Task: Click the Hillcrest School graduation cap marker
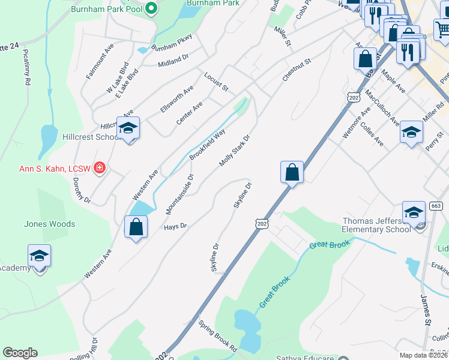[x=128, y=128]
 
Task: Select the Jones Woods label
[x=49, y=224]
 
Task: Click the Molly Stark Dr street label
[x=234, y=151]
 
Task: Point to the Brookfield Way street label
[x=207, y=144]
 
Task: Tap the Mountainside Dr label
[x=180, y=194]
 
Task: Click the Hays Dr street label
[x=175, y=227]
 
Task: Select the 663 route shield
[x=436, y=206]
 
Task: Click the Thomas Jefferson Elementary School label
[x=376, y=225]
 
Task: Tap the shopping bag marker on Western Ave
[x=136, y=227]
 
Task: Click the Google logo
[x=20, y=353]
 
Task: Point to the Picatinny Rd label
[x=26, y=67]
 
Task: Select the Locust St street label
[x=216, y=83]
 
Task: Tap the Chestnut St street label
[x=297, y=70]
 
